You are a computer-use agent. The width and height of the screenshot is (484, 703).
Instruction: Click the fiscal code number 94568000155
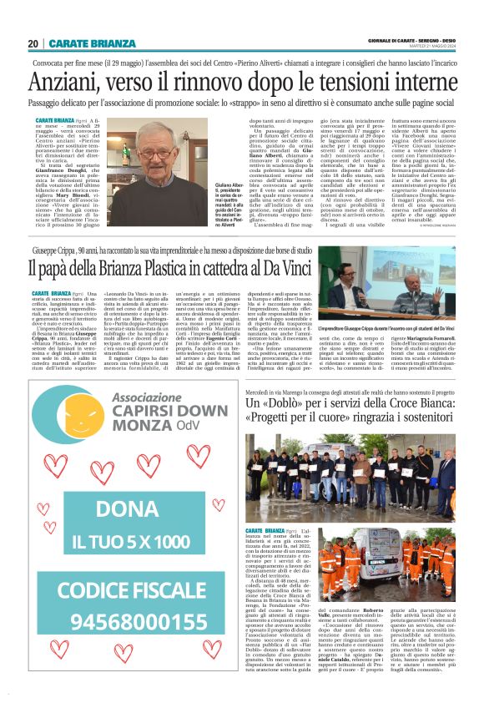tap(133, 621)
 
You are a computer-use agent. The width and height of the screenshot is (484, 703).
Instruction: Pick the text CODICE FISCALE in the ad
tap(133, 589)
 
